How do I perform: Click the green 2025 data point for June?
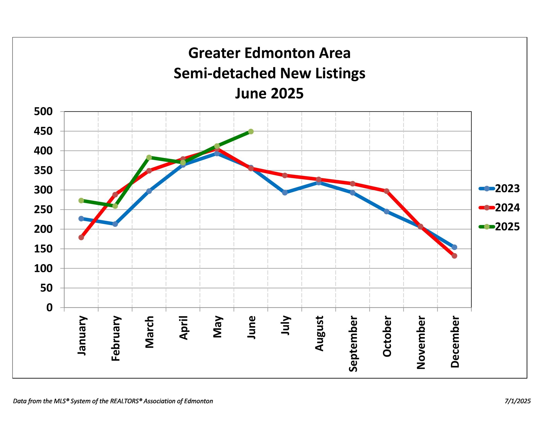coord(251,132)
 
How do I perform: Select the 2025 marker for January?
coord(81,201)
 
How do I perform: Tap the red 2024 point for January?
coord(81,238)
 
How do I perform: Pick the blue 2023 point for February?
coord(115,224)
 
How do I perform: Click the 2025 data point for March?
coord(149,158)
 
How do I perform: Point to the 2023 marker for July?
coord(285,193)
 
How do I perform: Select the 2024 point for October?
coord(386,191)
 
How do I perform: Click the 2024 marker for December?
coord(454,256)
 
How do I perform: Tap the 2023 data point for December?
coord(454,247)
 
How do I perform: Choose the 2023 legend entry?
coord(499,189)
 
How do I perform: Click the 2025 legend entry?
coord(499,227)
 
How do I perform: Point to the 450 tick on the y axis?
coord(43,131)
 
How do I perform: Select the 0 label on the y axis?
coord(49,308)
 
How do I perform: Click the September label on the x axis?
coord(353,344)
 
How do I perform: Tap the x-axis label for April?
coord(183,328)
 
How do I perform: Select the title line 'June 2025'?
coord(269,93)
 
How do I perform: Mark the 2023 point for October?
coord(386,211)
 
